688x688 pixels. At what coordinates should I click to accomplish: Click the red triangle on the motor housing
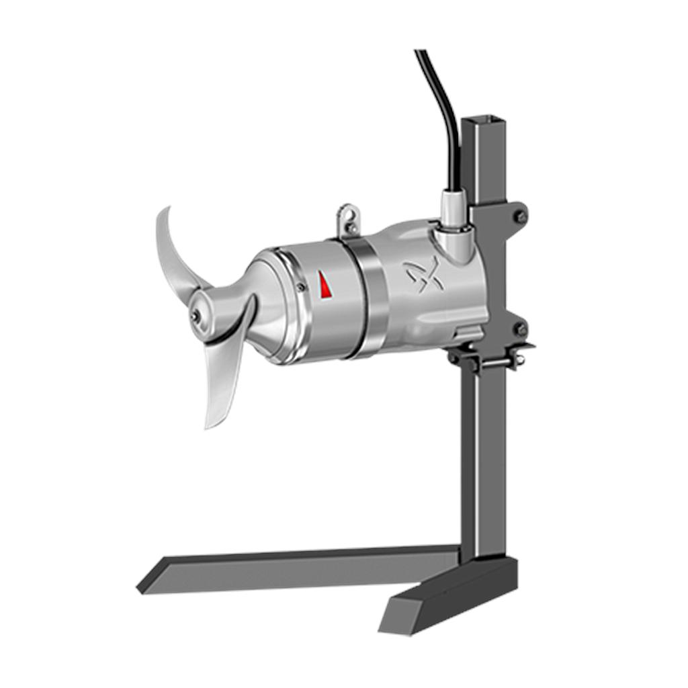[325, 286]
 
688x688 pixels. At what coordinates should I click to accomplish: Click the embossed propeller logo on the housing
[424, 274]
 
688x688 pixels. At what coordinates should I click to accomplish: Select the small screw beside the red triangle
[301, 287]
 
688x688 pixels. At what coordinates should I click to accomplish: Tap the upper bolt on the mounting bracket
[521, 216]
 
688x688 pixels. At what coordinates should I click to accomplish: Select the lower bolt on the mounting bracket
[520, 329]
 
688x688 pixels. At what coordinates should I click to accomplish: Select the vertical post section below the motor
[478, 457]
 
